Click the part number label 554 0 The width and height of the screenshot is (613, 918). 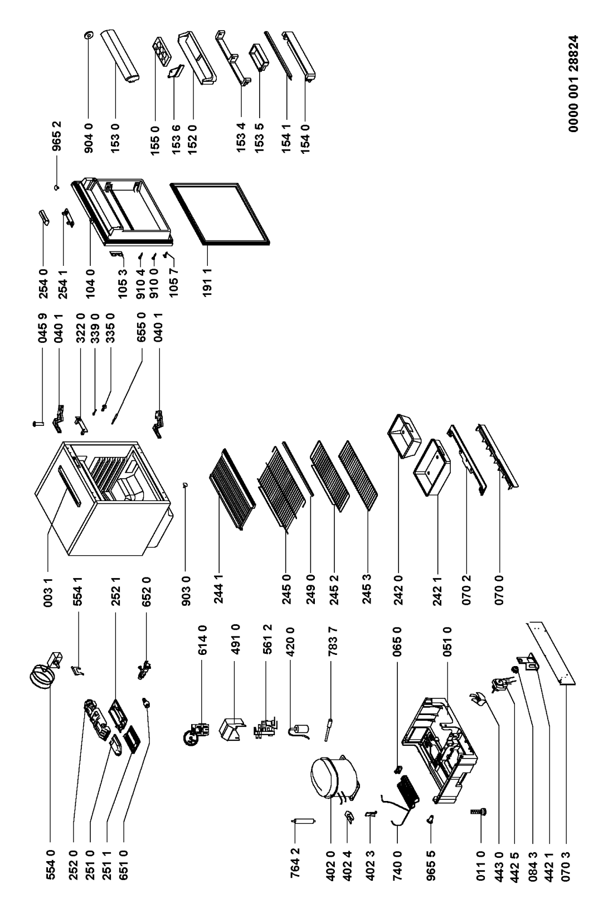pyautogui.click(x=50, y=864)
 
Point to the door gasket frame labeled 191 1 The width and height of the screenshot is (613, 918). pyautogui.click(x=220, y=215)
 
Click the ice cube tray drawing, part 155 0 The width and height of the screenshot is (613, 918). pyautogui.click(x=162, y=51)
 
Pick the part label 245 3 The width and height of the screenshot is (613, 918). pyautogui.click(x=367, y=588)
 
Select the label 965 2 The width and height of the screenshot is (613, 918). pyautogui.click(x=56, y=136)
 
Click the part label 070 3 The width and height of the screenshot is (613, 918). pyautogui.click(x=566, y=864)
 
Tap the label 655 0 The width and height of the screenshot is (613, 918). pyautogui.click(x=140, y=327)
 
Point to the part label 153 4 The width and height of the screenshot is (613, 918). pyautogui.click(x=241, y=138)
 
